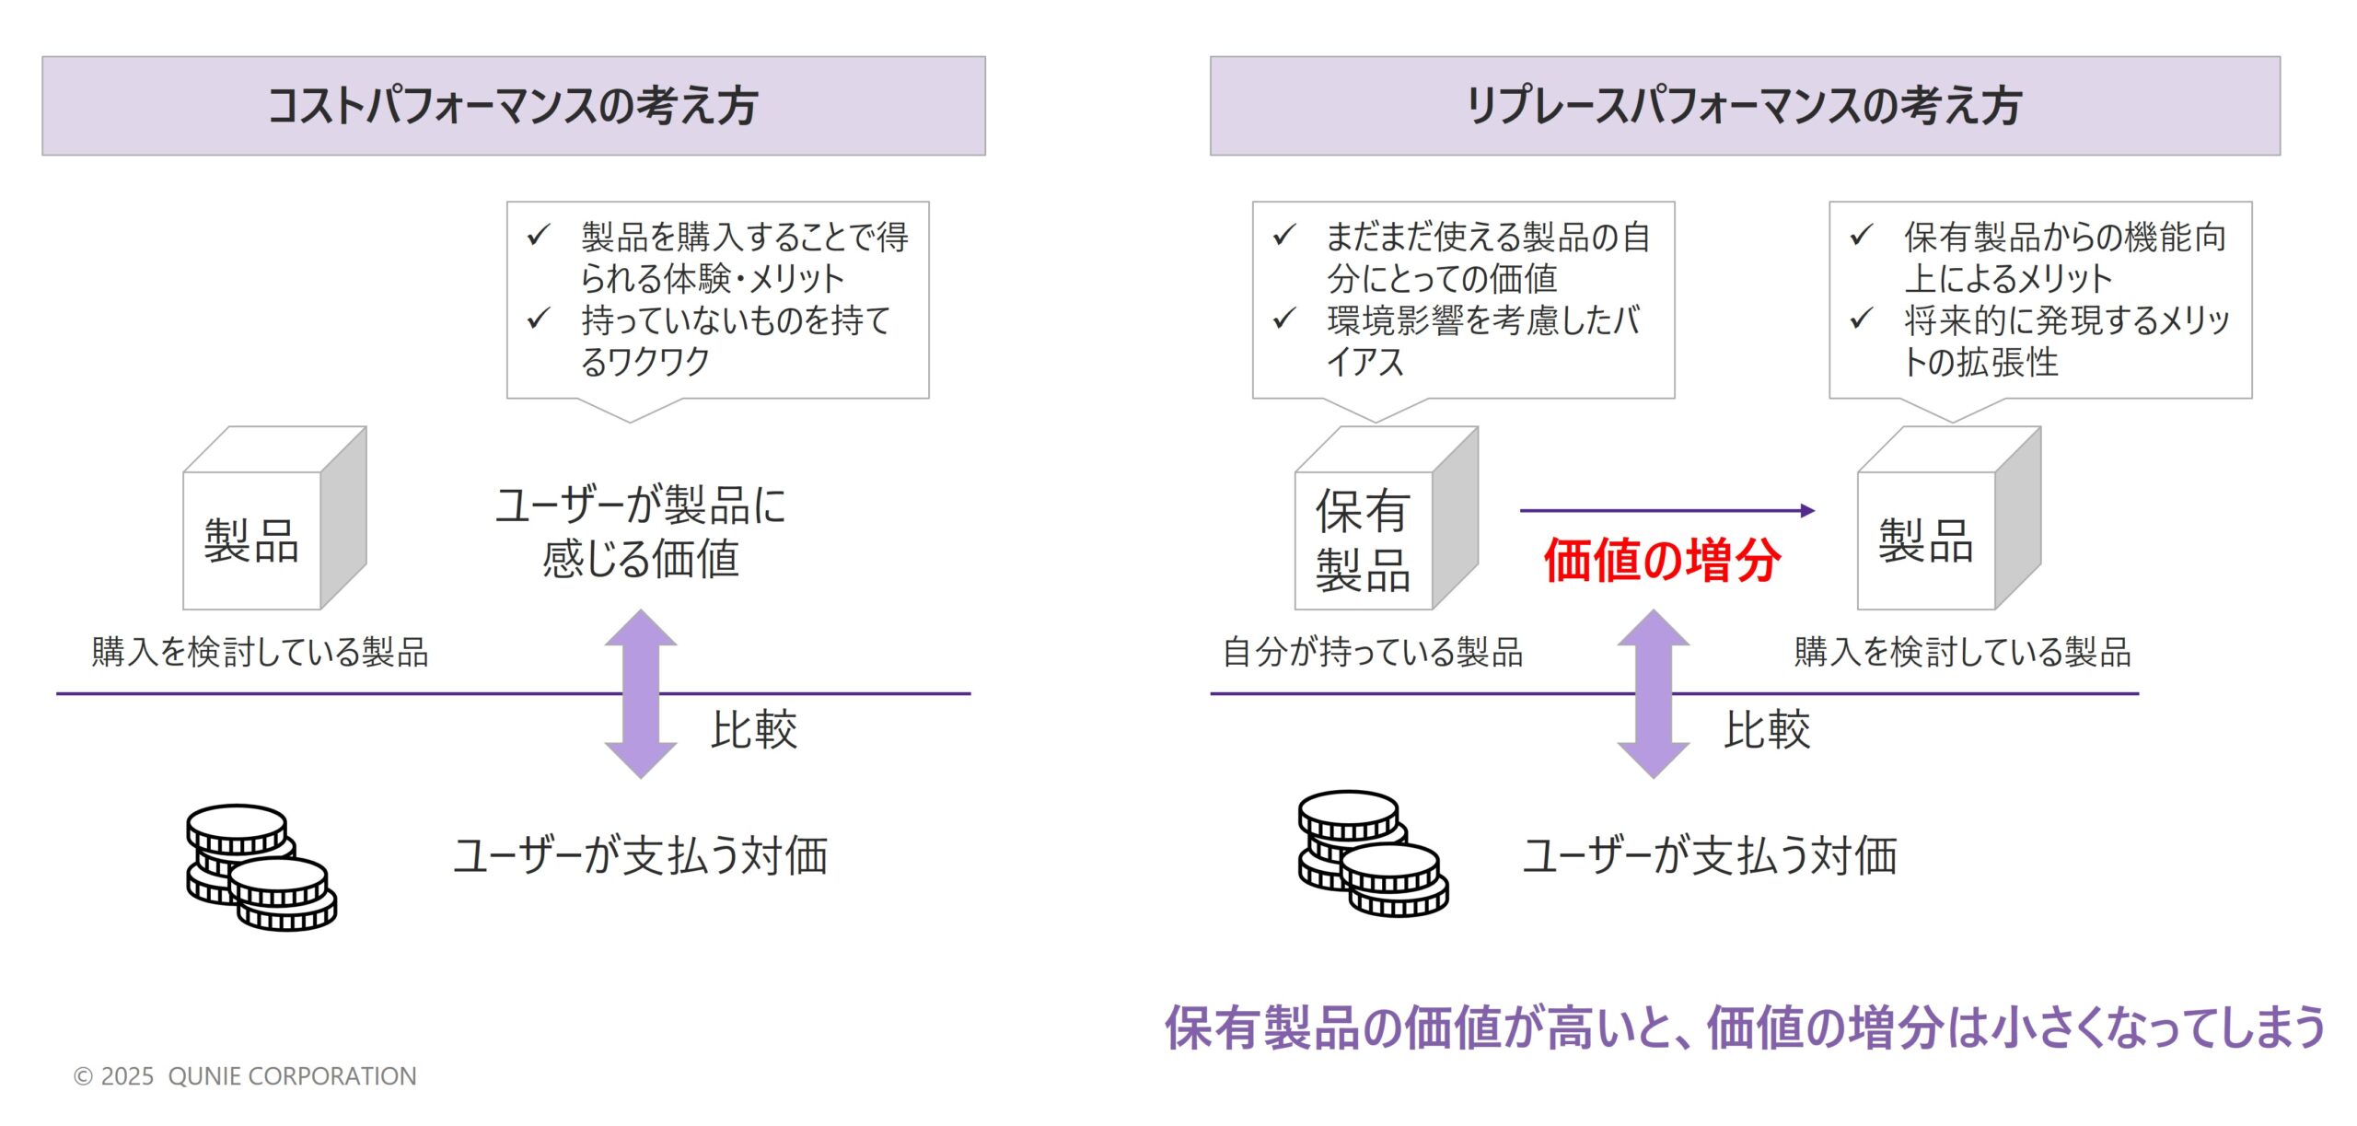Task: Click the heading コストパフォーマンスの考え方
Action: [x=513, y=106]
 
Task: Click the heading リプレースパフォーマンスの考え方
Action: [x=1744, y=106]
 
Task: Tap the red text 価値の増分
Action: [x=1662, y=560]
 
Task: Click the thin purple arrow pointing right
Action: [x=1666, y=510]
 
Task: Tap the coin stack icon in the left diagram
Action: [x=261, y=866]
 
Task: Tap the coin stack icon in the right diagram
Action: [x=1372, y=853]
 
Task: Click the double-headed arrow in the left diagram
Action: [x=641, y=694]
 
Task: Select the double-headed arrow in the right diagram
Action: [x=1653, y=694]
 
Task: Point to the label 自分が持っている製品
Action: [x=1372, y=652]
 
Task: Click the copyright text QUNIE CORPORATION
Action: [x=245, y=1075]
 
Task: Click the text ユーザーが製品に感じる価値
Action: [x=641, y=532]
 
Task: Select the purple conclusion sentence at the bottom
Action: [x=1745, y=1027]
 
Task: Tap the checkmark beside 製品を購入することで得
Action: [x=539, y=236]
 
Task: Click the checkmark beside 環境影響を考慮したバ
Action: [x=1283, y=319]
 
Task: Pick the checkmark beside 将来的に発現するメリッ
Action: [x=1861, y=319]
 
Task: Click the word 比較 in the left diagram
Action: [x=754, y=730]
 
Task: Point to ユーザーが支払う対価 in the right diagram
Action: [x=1709, y=855]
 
